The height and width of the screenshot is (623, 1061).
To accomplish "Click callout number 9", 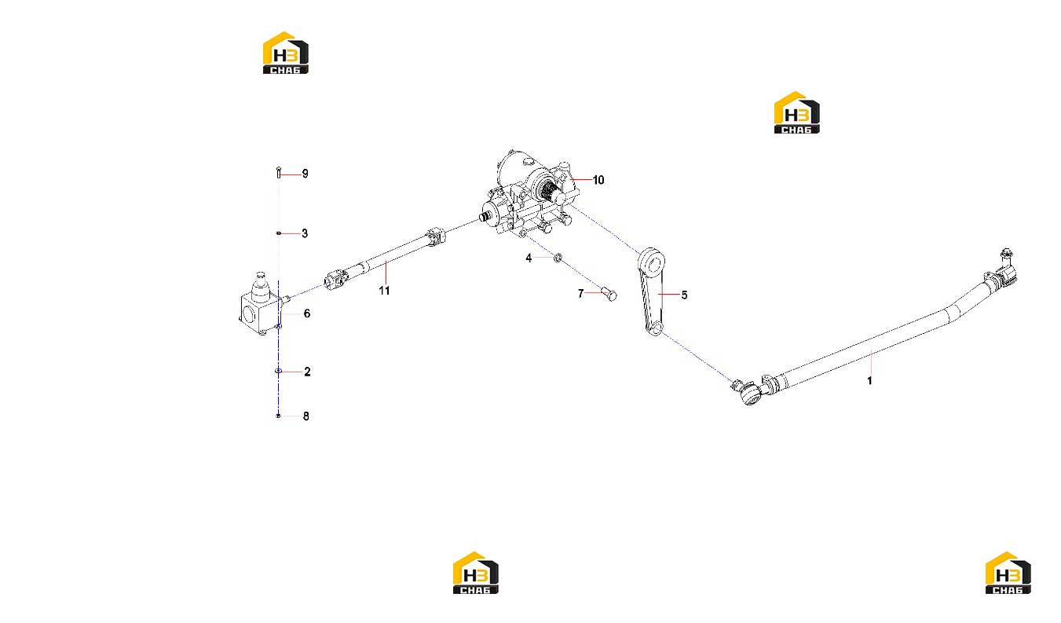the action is [x=305, y=174].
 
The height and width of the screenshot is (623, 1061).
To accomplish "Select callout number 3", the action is [x=305, y=233].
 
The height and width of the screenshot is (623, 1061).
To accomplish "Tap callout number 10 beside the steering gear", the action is [x=598, y=180].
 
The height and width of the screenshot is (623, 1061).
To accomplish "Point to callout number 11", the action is [x=384, y=291].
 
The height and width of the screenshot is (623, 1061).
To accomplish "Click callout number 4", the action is [x=529, y=258].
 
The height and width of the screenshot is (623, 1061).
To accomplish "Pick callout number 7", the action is [x=580, y=294].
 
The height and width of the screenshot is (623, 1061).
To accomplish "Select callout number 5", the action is [x=684, y=295].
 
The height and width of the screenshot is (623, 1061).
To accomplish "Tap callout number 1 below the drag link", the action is [x=869, y=380].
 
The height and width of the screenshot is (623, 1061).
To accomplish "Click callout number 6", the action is [x=307, y=313].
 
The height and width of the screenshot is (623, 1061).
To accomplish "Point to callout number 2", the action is [x=307, y=372].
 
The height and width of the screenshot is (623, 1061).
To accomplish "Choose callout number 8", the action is [x=306, y=416].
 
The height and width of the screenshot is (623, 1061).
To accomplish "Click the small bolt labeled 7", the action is [x=609, y=294].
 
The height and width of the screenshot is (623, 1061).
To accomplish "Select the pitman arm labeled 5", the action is [x=651, y=291].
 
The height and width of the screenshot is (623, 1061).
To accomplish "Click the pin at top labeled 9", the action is [x=279, y=173].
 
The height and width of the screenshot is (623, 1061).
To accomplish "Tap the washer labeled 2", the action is [x=278, y=371].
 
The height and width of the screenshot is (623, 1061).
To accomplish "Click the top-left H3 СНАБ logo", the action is [x=286, y=53].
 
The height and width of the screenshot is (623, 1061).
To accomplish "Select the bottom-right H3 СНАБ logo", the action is [x=1008, y=572].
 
